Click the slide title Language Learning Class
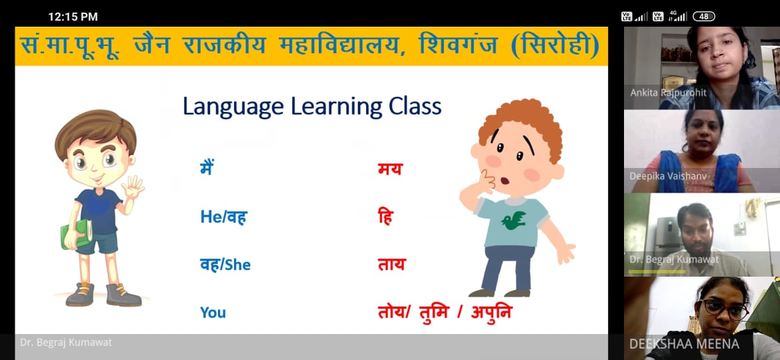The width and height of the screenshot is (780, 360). pyautogui.click(x=312, y=107)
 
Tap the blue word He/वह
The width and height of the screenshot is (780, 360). pyautogui.click(x=224, y=217)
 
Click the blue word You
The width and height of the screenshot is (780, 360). pyautogui.click(x=213, y=313)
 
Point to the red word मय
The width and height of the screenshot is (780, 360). pyautogui.click(x=389, y=169)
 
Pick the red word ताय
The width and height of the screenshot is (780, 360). pyautogui.click(x=391, y=265)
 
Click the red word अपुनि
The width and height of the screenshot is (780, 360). pyautogui.click(x=491, y=312)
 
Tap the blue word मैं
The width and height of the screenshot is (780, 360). pyautogui.click(x=207, y=167)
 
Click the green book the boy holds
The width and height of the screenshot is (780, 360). pyautogui.click(x=77, y=234)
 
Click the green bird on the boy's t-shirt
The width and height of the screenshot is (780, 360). pyautogui.click(x=513, y=220)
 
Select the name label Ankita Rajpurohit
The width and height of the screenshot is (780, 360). pyautogui.click(x=668, y=93)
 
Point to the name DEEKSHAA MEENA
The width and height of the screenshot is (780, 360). pyautogui.click(x=684, y=344)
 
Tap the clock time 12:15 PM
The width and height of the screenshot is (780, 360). pyautogui.click(x=73, y=17)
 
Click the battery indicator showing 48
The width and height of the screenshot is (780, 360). pyautogui.click(x=704, y=17)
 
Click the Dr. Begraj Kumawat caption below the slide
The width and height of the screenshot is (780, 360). pyautogui.click(x=66, y=343)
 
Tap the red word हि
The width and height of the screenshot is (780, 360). pyautogui.click(x=385, y=217)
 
